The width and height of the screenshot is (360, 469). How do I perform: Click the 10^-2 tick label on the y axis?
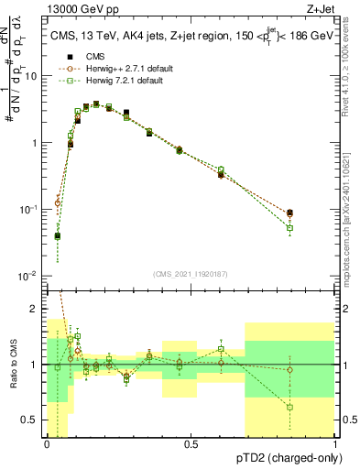(28, 276)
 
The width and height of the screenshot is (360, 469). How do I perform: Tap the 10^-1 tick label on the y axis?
(28, 210)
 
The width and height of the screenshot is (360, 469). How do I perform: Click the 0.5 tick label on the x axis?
(191, 443)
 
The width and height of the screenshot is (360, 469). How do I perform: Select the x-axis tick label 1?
(335, 443)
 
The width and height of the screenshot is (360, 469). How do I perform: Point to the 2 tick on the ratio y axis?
(36, 309)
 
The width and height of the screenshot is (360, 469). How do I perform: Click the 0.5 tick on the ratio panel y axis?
(30, 420)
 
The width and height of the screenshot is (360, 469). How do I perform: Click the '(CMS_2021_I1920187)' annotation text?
(190, 274)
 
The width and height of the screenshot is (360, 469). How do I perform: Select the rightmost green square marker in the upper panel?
(290, 228)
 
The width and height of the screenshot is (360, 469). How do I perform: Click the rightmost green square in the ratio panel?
(290, 407)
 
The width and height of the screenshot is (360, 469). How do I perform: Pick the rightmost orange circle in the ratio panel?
(290, 370)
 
